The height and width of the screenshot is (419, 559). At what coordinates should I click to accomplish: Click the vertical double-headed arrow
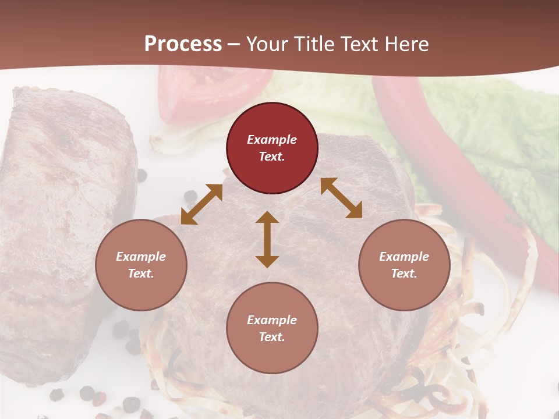tap(267, 239)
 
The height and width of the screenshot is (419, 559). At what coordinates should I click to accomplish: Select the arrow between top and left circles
tap(201, 204)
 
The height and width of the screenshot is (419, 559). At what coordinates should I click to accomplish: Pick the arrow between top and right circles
tap(341, 198)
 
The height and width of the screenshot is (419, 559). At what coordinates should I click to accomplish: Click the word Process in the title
tap(183, 44)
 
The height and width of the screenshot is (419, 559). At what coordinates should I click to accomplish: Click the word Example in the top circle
tap(272, 140)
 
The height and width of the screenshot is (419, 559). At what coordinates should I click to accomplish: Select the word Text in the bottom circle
tap(272, 337)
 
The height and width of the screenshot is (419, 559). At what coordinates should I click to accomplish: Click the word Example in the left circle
tap(141, 257)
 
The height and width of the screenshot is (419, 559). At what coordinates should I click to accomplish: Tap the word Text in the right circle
tap(404, 274)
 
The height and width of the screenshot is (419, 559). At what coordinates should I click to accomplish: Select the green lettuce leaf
tap(495, 134)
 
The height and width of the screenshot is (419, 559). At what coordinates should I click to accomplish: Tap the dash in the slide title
tap(234, 44)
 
